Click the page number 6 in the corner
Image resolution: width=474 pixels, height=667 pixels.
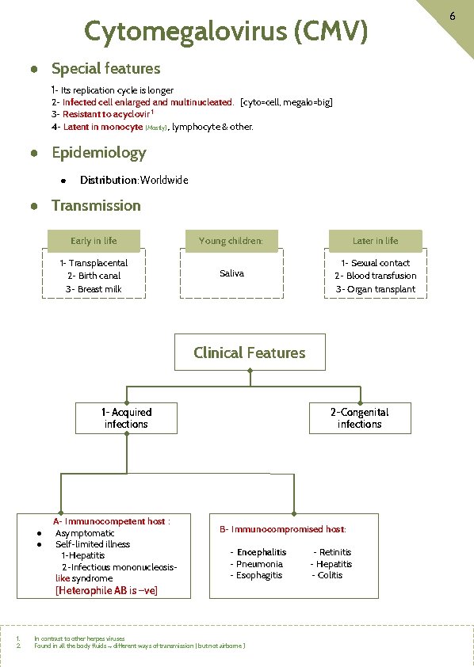click(x=451, y=17)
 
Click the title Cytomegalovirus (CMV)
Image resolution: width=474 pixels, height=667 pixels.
click(x=226, y=32)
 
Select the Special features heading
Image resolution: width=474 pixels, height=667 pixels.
click(x=105, y=69)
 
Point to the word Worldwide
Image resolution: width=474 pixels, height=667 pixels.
click(x=164, y=180)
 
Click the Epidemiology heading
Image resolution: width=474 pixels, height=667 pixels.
click(x=98, y=153)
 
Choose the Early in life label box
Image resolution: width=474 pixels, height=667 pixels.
click(x=94, y=241)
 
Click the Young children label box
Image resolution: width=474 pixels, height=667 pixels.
click(x=231, y=241)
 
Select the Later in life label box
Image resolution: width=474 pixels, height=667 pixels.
click(x=375, y=241)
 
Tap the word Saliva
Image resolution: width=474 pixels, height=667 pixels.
click(x=231, y=273)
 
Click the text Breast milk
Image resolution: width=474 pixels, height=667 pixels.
click(x=99, y=289)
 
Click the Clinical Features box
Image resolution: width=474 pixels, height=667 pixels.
click(x=249, y=353)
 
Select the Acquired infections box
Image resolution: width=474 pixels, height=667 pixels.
click(x=126, y=418)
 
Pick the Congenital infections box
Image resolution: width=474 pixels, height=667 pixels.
click(x=359, y=418)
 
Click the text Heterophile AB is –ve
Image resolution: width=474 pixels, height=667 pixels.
click(x=106, y=590)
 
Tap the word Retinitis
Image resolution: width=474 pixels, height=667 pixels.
click(x=335, y=552)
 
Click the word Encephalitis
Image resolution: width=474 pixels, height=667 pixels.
click(x=262, y=552)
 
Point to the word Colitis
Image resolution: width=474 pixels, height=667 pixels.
click(x=330, y=575)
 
